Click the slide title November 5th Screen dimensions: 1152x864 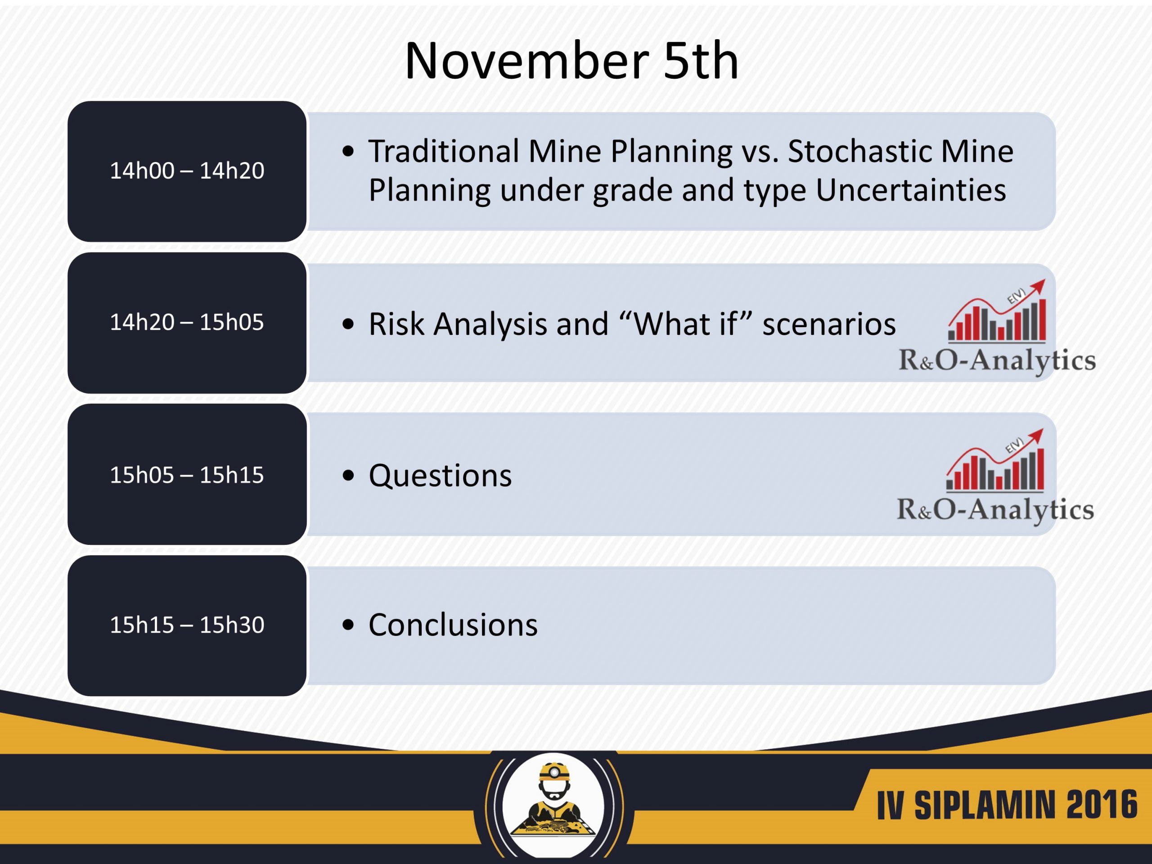coord(571,61)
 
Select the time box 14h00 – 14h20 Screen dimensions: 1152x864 coord(187,171)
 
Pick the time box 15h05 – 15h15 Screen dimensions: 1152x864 coord(187,474)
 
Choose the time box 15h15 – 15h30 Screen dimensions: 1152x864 coord(187,625)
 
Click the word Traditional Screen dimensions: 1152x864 coord(444,152)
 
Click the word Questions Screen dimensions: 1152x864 coord(440,476)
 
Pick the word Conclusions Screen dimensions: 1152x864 coord(453,625)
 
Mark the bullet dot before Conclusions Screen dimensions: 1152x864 coord(348,625)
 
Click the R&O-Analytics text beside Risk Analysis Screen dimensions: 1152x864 coord(997,360)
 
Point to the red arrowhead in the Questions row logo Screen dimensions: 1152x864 coord(1036,436)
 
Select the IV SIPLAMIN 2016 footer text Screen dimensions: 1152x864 coord(1007,805)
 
